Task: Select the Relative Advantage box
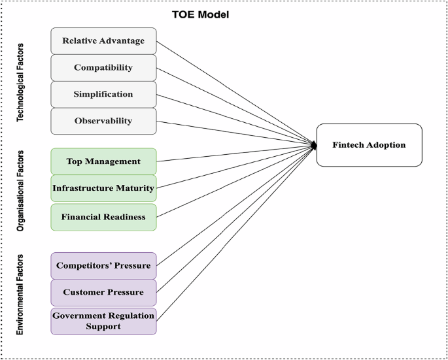click(103, 41)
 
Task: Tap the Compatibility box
click(103, 68)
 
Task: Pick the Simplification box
click(103, 94)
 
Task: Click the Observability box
click(103, 121)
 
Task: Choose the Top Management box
click(103, 161)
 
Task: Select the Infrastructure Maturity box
click(103, 188)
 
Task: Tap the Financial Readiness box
click(103, 216)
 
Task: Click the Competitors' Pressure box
click(103, 266)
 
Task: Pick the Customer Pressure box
click(103, 292)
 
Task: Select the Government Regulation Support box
click(103, 321)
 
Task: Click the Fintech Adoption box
click(368, 144)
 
